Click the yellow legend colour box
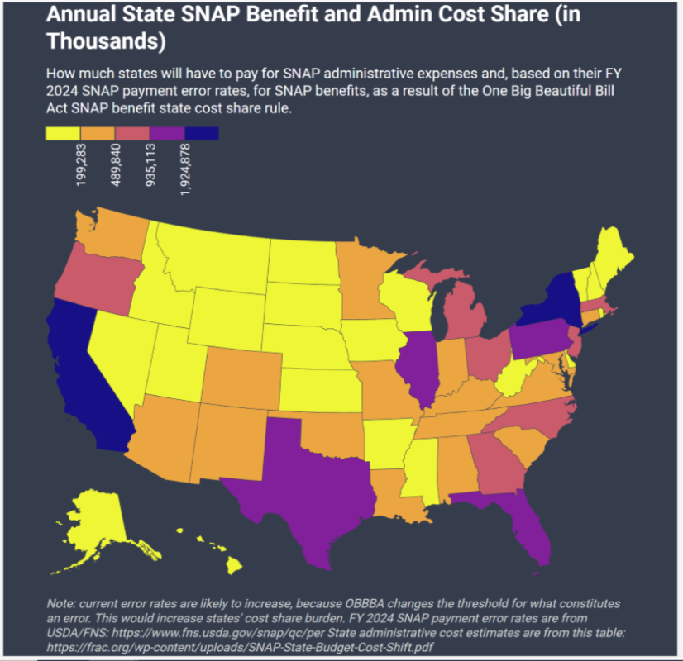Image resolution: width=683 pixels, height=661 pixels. point(63,133)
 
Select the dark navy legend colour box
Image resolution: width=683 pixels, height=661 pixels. point(202,133)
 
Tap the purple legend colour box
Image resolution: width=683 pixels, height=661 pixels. point(167,133)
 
